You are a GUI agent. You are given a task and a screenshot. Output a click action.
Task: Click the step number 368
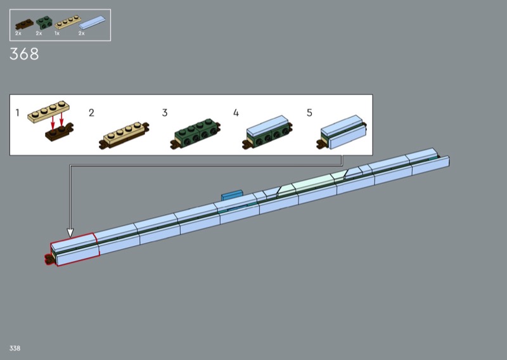click(24, 54)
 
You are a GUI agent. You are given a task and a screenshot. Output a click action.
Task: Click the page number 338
click(15, 348)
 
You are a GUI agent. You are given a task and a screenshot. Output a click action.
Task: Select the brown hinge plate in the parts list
click(24, 24)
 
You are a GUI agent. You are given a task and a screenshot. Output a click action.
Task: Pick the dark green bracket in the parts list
click(44, 22)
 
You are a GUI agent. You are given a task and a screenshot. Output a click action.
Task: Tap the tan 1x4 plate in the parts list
click(68, 22)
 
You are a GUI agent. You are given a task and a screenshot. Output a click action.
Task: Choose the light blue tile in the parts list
click(92, 22)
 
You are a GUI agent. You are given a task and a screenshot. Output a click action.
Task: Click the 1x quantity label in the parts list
click(57, 34)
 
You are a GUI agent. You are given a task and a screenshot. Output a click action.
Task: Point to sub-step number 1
click(18, 113)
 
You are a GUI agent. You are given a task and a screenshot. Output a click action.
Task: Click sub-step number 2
click(91, 113)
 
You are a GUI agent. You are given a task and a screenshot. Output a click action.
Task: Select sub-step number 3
click(165, 113)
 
